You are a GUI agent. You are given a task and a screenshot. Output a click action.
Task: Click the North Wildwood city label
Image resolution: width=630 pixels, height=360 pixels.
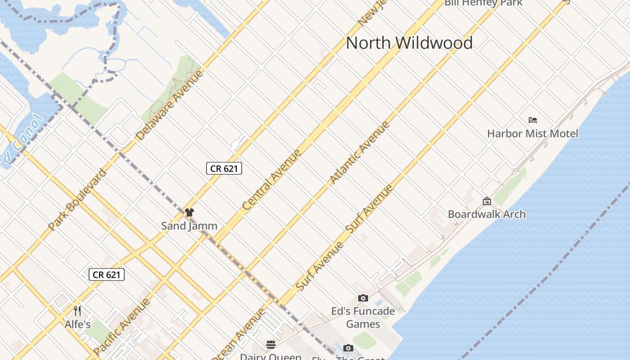click(409, 43)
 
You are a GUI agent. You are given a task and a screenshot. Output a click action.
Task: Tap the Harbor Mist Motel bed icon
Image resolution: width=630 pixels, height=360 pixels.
click(533, 120)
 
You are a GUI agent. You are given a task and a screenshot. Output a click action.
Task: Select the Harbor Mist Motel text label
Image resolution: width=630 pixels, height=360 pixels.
click(533, 134)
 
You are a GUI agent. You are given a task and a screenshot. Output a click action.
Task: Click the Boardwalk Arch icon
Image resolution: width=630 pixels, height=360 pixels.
click(486, 201)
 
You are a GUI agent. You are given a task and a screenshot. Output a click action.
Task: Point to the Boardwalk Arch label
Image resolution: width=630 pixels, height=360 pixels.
click(486, 214)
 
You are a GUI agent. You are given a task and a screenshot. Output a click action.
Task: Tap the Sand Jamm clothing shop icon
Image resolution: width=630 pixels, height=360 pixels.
click(189, 212)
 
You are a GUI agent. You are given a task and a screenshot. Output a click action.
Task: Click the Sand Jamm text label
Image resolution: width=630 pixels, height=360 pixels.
click(189, 226)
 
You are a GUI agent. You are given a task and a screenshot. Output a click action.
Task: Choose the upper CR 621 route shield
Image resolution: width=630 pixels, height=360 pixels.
click(224, 168)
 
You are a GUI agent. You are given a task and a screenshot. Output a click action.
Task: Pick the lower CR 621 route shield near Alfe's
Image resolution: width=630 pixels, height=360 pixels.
click(107, 274)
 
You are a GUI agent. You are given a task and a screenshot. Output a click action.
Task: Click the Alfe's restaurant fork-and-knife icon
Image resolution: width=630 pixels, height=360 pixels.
click(77, 311)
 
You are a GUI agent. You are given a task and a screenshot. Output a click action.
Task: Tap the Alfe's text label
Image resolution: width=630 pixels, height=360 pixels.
click(78, 324)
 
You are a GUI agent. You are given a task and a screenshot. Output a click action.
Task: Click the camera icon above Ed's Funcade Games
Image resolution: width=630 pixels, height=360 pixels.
click(363, 298)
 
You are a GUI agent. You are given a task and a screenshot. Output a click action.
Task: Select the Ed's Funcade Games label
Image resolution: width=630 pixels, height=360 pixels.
click(363, 317)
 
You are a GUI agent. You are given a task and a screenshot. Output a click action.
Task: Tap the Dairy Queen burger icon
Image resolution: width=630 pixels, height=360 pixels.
click(270, 345)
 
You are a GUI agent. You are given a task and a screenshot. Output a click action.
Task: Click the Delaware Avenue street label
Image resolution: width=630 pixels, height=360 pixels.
click(170, 105)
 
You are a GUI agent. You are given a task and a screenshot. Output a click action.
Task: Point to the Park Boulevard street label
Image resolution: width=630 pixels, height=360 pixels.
click(77, 199)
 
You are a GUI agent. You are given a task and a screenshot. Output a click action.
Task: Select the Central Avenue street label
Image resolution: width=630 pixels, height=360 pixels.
click(272, 180)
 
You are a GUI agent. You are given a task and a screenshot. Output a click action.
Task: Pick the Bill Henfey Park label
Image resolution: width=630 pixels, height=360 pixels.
click(483, 3)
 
